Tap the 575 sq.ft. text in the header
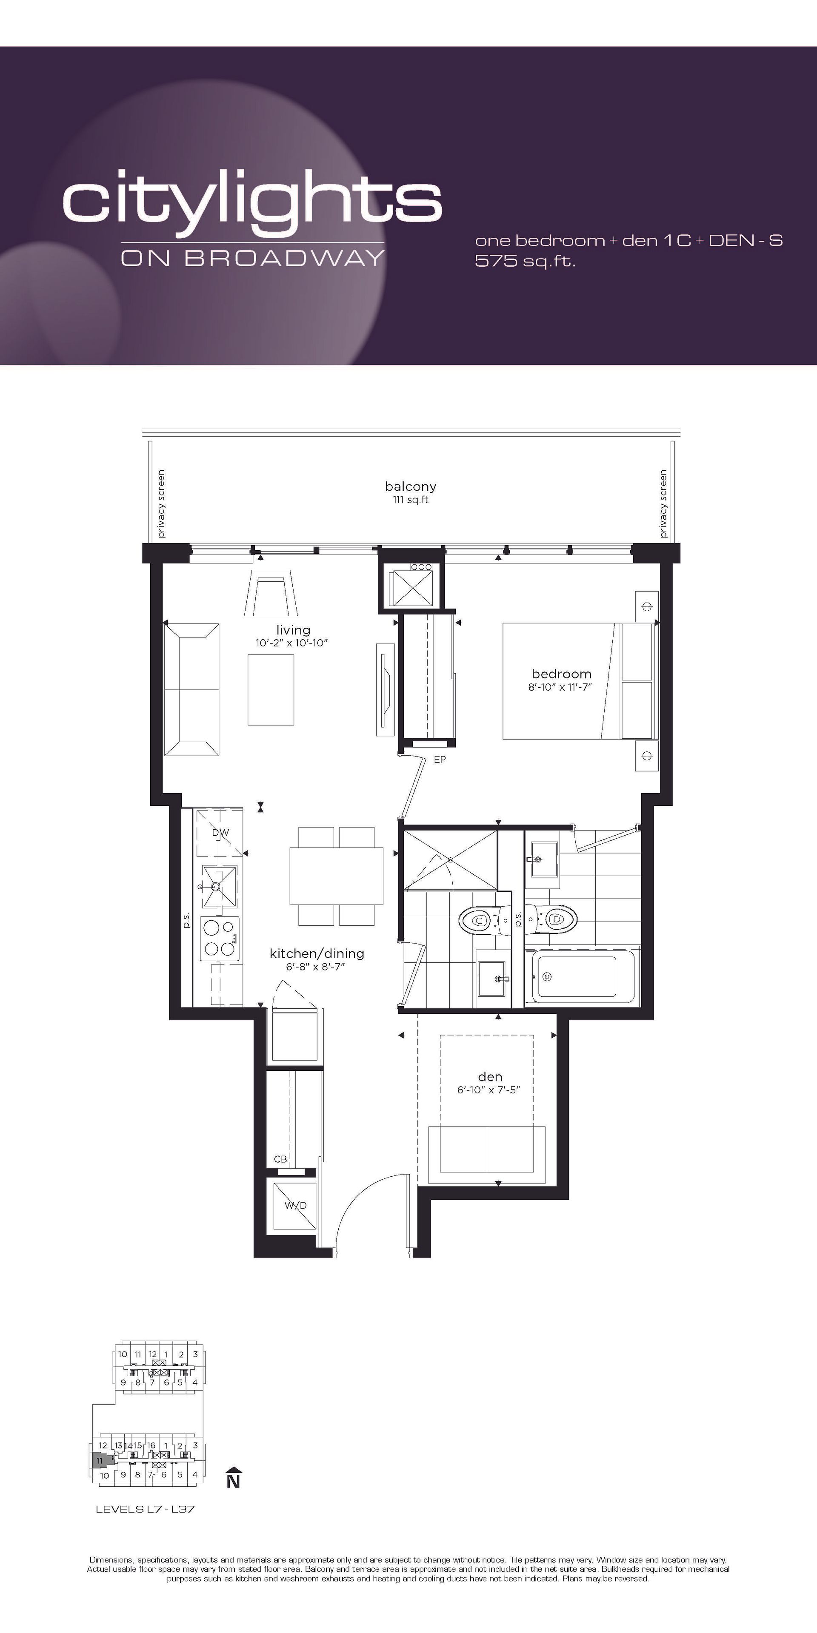525,261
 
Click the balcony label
410,486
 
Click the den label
490,1076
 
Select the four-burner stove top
220,938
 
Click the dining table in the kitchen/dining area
336,876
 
